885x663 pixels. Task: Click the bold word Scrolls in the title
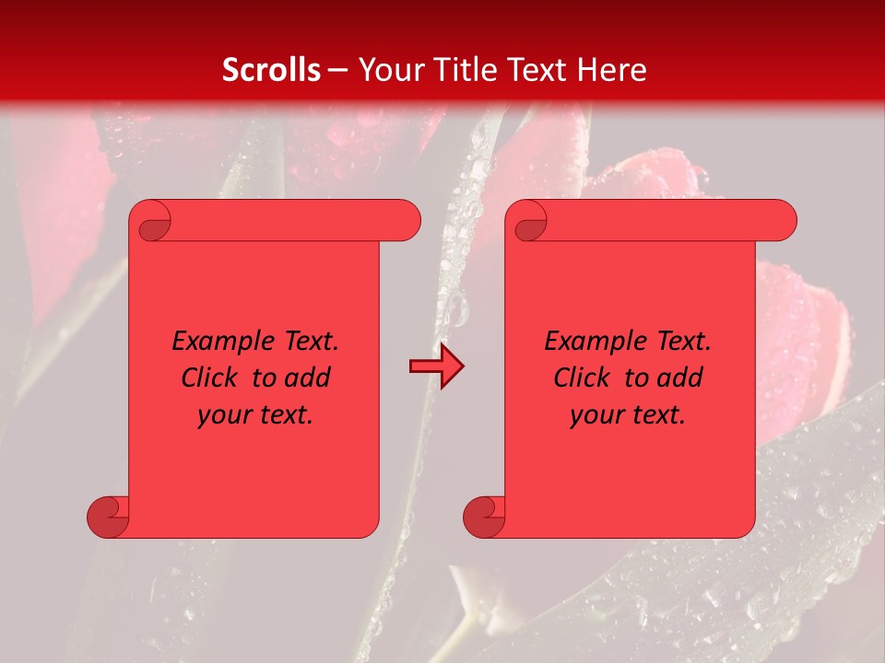click(x=271, y=69)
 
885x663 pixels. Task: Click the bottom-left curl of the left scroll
click(x=108, y=517)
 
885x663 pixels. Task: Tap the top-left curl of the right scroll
click(x=530, y=224)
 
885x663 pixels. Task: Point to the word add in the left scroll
click(x=308, y=378)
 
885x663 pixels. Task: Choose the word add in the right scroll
click(x=680, y=378)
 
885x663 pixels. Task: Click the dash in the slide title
click(x=337, y=70)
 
